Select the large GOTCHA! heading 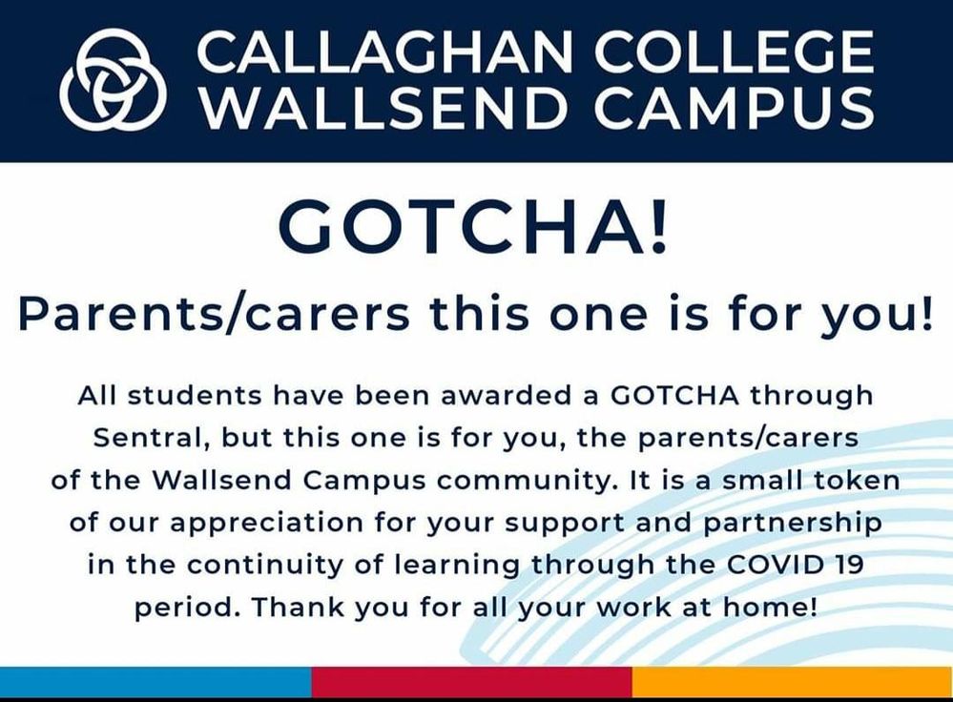(473, 227)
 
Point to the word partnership (793, 524)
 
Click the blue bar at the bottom (155, 681)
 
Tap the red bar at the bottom (471, 681)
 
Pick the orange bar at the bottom (793, 681)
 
